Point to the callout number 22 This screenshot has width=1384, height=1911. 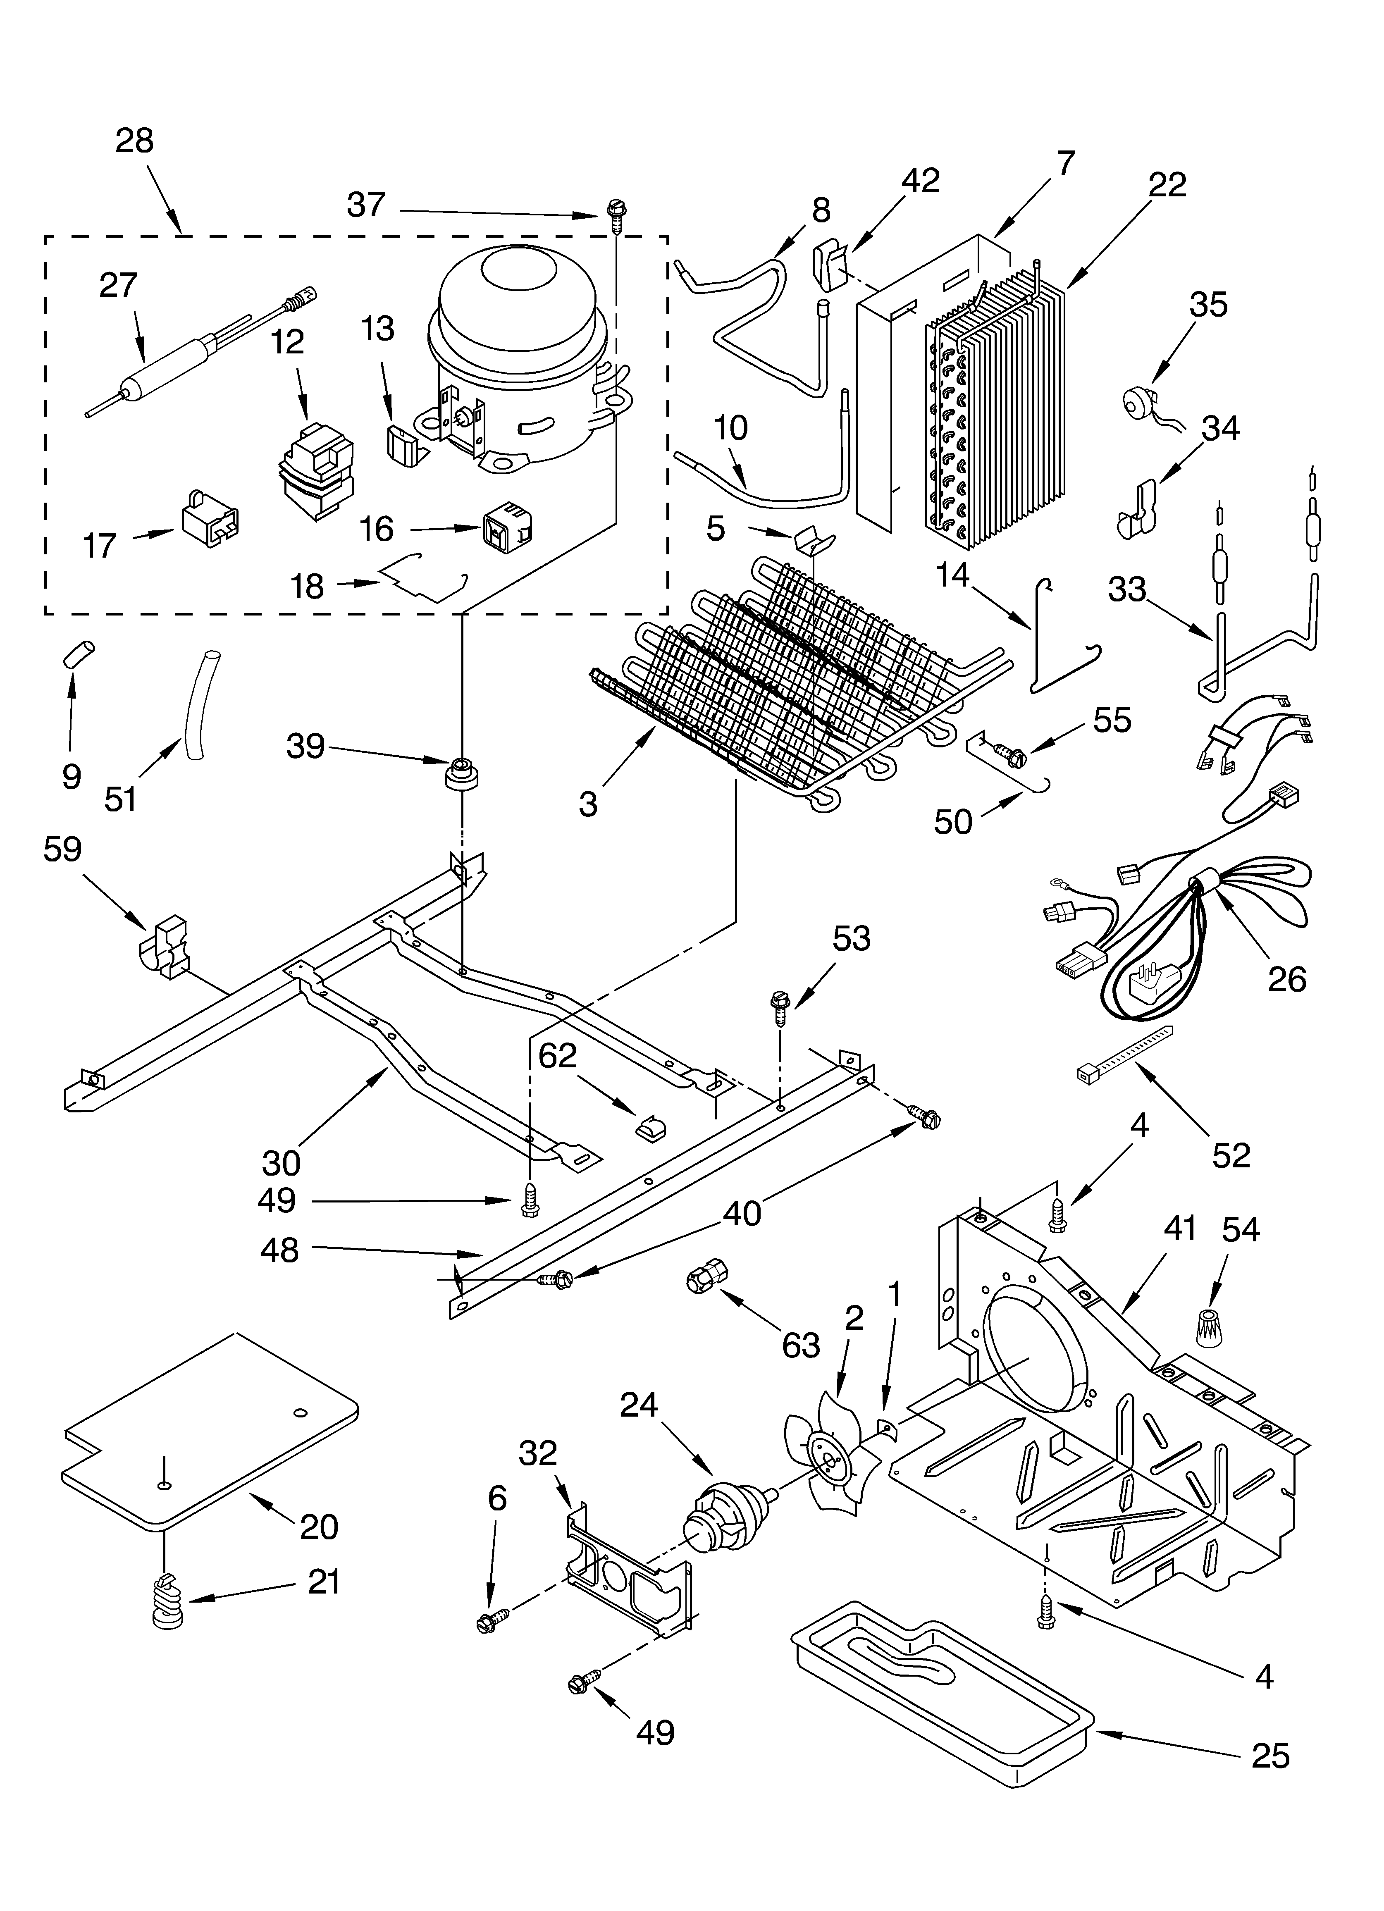click(1167, 184)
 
